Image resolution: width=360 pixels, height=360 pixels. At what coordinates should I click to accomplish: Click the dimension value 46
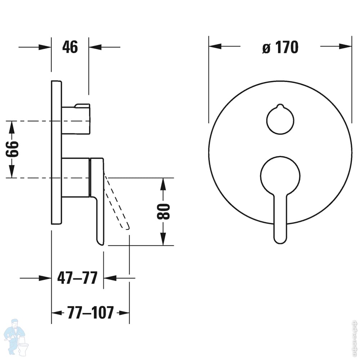click(x=70, y=47)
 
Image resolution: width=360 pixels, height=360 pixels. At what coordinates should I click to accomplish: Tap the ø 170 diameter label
click(x=280, y=47)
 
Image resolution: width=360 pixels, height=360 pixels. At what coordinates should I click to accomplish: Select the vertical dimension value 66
click(x=12, y=149)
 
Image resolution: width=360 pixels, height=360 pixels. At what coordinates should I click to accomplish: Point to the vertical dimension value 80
click(x=163, y=211)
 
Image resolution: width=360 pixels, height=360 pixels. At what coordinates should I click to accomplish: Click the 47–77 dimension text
click(x=77, y=278)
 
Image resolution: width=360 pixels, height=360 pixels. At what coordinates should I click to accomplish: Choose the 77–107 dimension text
click(x=90, y=312)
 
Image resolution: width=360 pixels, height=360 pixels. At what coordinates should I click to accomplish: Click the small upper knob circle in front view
click(x=280, y=120)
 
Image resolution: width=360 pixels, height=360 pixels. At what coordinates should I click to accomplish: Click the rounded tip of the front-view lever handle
click(x=280, y=240)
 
